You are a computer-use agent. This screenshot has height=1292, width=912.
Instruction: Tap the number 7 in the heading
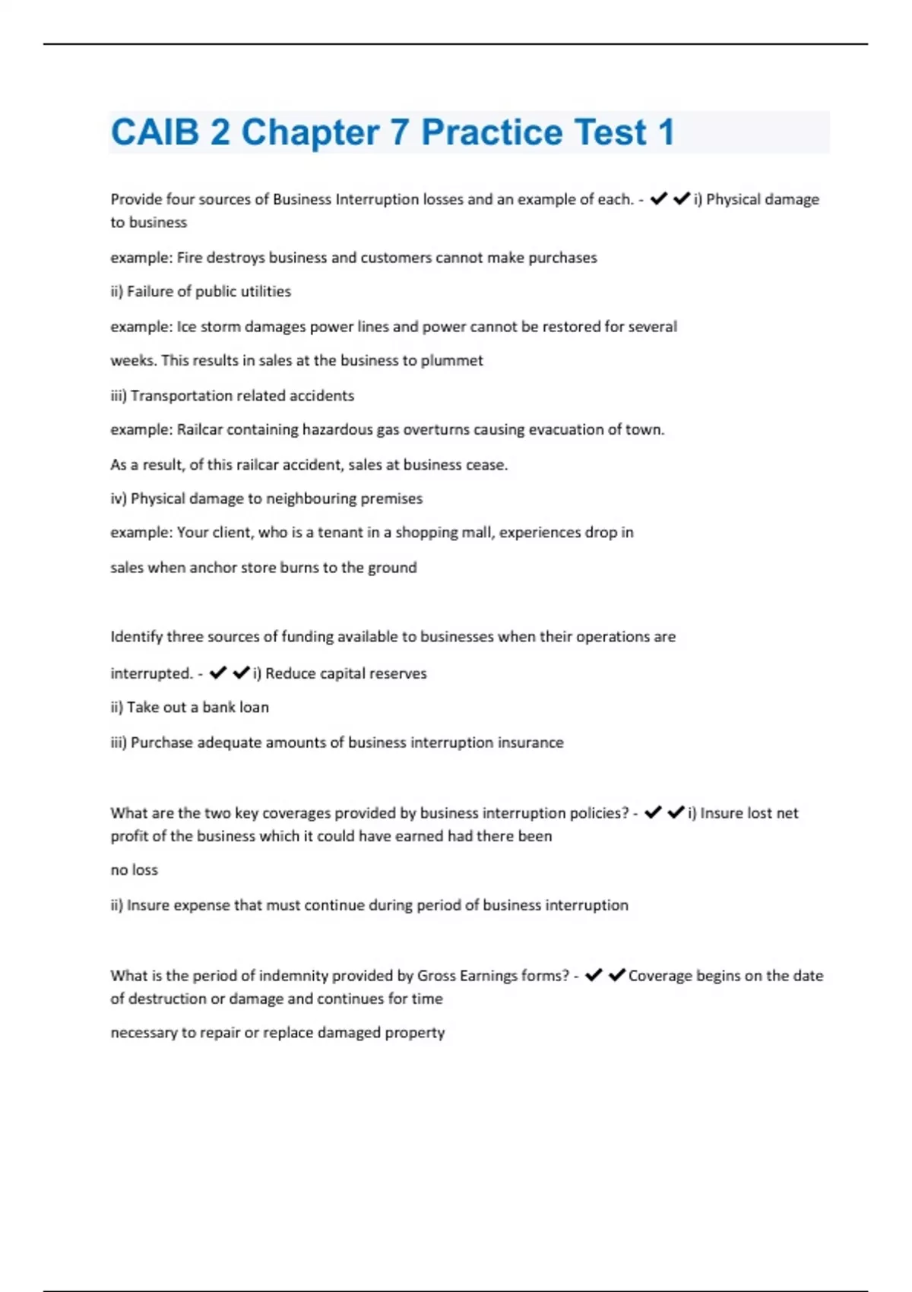tap(400, 132)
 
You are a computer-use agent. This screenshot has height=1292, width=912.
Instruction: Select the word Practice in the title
tap(491, 132)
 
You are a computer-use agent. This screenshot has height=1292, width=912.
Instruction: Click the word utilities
tap(265, 291)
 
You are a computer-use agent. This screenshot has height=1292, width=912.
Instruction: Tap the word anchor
tap(213, 567)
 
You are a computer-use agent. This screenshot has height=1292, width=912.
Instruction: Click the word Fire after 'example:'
tap(189, 258)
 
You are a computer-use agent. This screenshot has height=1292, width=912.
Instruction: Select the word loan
tap(252, 707)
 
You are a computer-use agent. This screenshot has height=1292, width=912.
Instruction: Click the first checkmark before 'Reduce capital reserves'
tap(218, 673)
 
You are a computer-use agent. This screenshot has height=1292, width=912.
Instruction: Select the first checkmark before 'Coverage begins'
tap(594, 975)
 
